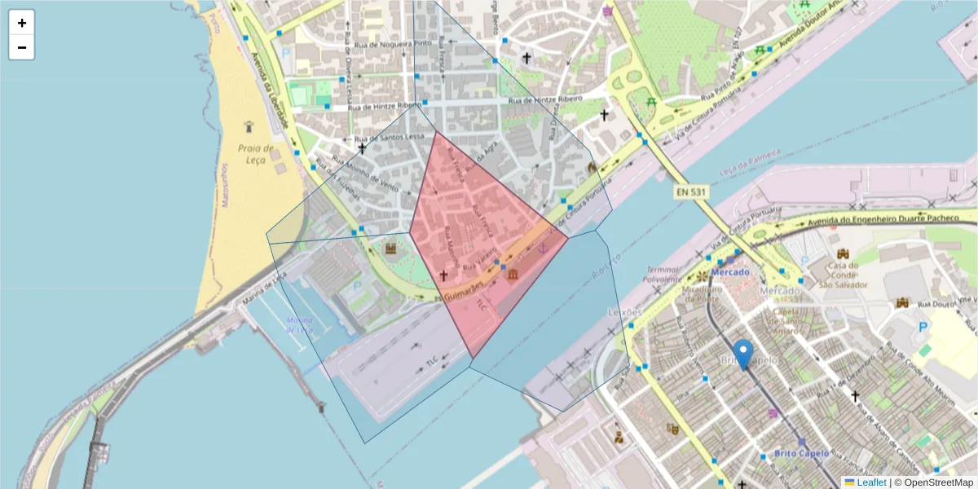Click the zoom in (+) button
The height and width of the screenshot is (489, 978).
22,23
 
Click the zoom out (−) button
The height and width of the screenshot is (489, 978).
22,47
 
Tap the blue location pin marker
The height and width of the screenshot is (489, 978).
743,355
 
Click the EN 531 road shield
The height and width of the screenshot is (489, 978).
690,192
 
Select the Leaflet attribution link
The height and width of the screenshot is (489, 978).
871,482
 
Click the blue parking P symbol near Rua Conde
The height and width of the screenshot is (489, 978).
923,327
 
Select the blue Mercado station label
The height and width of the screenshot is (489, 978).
729,271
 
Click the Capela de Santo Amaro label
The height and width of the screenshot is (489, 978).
786,314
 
